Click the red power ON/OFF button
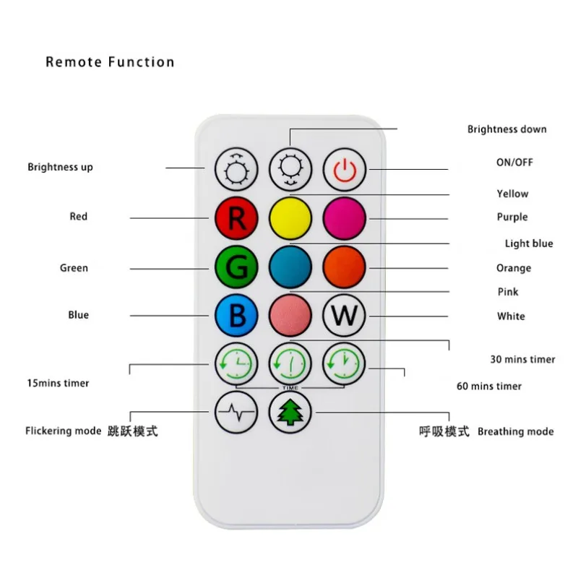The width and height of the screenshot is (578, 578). point(345,169)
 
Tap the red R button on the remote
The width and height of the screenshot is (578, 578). point(236,217)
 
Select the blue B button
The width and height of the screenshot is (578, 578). point(236,315)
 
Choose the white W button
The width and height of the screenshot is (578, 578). point(345,315)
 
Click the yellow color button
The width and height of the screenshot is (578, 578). point(290,217)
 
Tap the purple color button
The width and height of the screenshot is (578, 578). point(345,217)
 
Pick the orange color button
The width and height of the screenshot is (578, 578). point(345,267)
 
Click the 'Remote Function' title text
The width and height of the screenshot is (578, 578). point(110,61)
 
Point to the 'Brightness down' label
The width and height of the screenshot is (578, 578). point(506,129)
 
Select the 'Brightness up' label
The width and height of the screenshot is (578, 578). point(60,167)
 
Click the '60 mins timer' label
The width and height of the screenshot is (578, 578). point(488,386)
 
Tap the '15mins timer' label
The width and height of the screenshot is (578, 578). point(57,383)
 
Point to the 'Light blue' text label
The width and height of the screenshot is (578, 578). point(529,243)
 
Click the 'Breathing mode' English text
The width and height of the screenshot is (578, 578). point(515,431)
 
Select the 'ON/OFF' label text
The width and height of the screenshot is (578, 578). point(514,162)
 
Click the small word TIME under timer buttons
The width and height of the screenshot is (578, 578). point(290,388)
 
